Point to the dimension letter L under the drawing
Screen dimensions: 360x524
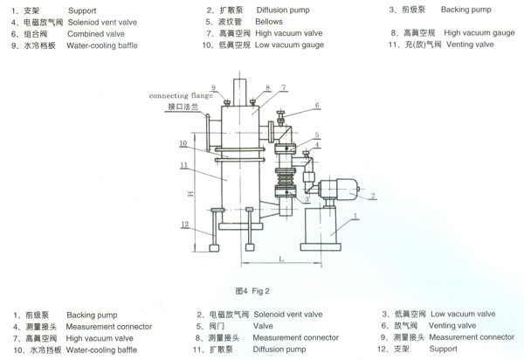tap(281, 260)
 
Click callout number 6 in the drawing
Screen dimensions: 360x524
tap(316, 106)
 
